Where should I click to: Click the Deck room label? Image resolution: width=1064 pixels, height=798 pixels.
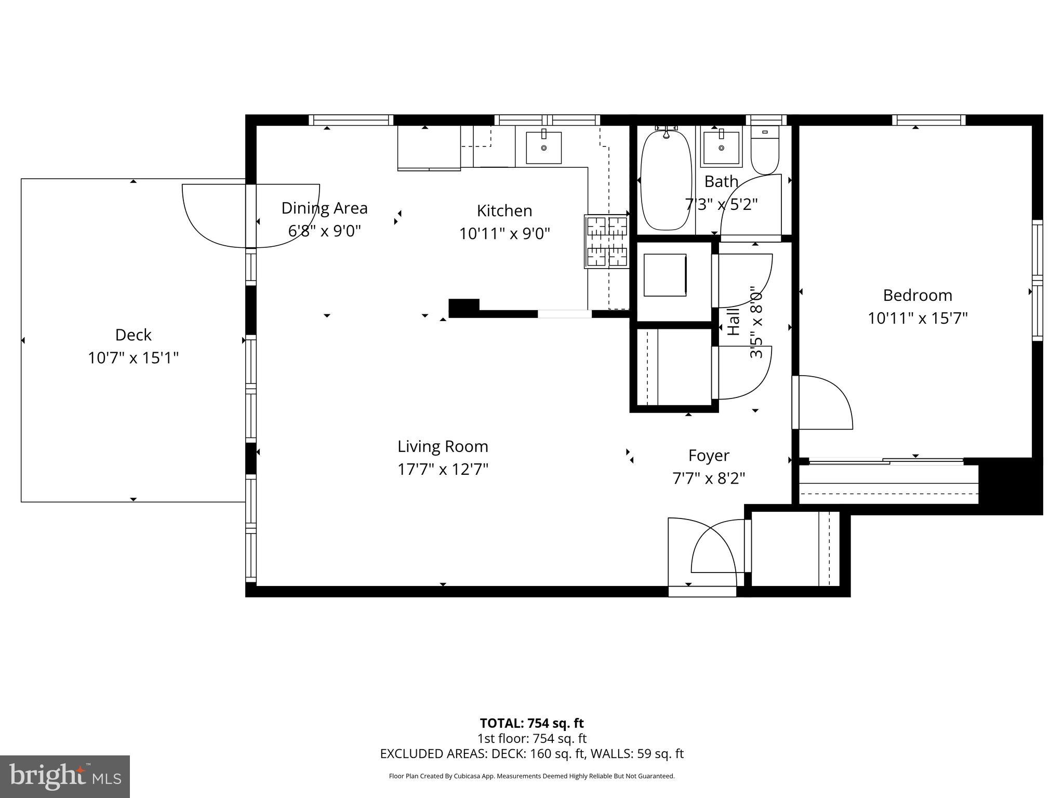tap(133, 335)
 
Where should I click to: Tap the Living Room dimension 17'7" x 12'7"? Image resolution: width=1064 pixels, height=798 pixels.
tap(443, 470)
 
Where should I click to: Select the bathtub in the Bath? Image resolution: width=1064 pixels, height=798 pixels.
tap(666, 180)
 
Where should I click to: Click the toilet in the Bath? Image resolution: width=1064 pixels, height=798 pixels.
tap(765, 150)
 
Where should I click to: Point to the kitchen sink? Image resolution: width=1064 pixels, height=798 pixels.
tap(543, 148)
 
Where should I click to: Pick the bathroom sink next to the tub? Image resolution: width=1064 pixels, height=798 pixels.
tap(721, 148)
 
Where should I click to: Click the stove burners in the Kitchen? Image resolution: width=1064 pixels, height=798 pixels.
tap(606, 242)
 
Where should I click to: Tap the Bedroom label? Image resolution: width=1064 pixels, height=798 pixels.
tap(917, 296)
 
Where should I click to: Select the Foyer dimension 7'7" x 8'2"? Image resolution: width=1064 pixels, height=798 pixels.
tap(709, 478)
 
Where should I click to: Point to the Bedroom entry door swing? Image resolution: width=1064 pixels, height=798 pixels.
tap(823, 403)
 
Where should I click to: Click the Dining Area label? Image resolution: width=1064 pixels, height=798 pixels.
tap(324, 208)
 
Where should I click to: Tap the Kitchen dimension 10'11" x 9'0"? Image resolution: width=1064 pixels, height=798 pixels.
tap(504, 234)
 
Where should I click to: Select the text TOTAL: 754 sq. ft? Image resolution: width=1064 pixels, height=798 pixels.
tap(531, 723)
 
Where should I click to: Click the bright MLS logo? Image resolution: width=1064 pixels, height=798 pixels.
tap(64, 776)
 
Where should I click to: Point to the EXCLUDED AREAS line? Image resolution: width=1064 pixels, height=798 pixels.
tap(531, 754)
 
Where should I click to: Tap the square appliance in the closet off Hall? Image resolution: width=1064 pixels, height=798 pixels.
tap(665, 275)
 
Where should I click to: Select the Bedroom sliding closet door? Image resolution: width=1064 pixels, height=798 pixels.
tap(886, 461)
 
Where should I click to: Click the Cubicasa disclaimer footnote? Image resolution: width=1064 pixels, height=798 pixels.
tap(531, 776)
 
